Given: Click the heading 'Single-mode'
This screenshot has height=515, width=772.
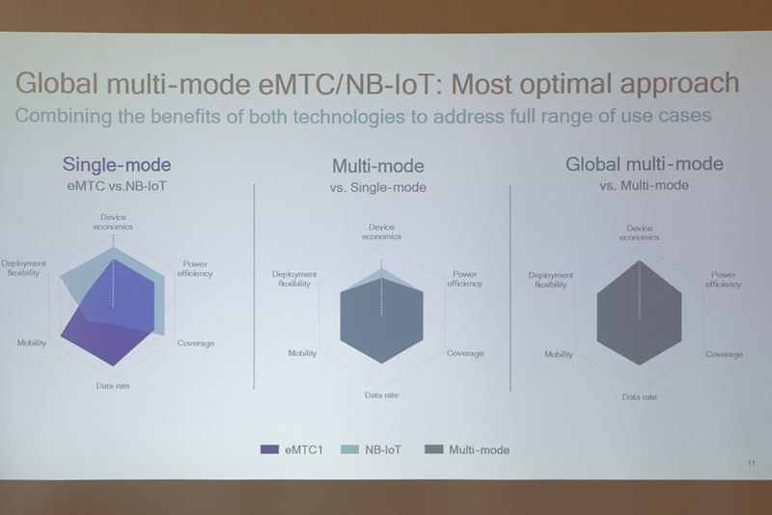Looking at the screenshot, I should click(x=117, y=165).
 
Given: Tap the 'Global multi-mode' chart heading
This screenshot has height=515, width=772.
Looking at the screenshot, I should click(x=644, y=165).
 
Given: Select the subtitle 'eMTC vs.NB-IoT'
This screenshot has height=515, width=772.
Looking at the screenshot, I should click(x=117, y=184).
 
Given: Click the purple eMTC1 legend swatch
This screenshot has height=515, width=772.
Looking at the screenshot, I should click(x=269, y=448).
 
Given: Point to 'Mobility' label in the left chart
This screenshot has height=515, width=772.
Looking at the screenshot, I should click(x=32, y=343).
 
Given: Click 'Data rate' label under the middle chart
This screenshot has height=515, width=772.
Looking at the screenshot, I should click(x=381, y=394).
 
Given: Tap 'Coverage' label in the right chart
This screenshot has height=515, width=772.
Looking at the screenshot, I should click(x=724, y=354).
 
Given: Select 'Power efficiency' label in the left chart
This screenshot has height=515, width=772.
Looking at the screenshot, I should click(x=195, y=269).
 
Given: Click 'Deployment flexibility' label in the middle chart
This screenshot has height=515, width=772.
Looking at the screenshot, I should click(x=294, y=280).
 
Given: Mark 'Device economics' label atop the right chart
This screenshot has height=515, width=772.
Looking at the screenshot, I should click(x=639, y=232).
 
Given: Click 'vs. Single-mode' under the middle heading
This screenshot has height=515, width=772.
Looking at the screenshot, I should click(x=378, y=186).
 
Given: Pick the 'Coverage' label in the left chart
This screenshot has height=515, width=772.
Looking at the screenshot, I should click(x=195, y=343).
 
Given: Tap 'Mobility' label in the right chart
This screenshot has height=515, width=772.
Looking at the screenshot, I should click(x=559, y=354).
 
